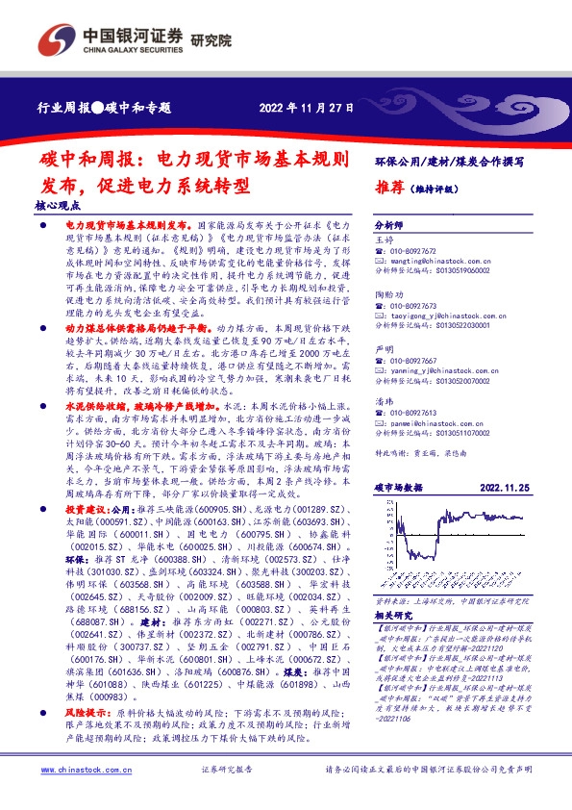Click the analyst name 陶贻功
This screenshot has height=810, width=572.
coord(387,293)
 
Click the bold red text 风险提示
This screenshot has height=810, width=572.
coord(84,714)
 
